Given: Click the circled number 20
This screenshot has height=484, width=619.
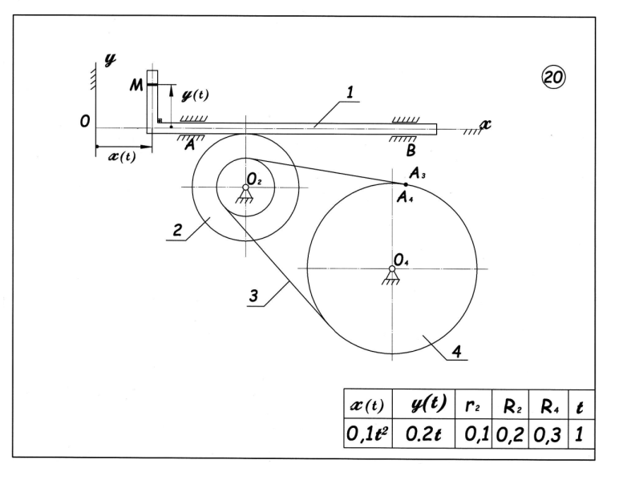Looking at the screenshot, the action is [552, 77].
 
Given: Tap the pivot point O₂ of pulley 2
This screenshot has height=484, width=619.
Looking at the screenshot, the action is [245, 188].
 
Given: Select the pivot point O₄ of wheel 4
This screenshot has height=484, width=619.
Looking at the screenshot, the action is [392, 268].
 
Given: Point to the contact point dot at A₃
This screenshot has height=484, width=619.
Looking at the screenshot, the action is [406, 184].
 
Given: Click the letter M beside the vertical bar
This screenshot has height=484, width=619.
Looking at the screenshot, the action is [136, 85].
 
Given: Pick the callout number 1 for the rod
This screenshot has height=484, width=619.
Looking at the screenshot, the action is [350, 92].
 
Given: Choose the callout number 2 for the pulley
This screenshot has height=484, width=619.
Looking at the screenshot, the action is [177, 230].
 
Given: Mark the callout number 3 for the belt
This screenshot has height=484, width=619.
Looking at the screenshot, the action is [253, 295].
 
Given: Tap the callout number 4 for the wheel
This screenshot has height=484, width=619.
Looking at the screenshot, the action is [456, 351].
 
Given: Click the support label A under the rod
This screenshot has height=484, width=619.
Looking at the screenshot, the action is [190, 145].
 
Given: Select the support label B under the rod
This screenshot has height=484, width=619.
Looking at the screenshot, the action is [411, 151].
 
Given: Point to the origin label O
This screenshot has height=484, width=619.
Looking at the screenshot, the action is [85, 122].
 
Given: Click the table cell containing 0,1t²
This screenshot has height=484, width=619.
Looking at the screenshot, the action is [367, 434].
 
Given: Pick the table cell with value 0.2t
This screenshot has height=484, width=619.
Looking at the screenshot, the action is [423, 434].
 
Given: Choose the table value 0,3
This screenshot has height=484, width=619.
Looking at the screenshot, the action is [547, 434].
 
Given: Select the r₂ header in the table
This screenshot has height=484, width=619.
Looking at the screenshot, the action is [472, 405].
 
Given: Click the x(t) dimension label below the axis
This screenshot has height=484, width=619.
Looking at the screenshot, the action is [122, 156].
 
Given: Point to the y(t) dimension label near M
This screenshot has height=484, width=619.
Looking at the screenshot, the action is [195, 95].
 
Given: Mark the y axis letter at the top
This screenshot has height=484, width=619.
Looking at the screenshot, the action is [110, 59].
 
